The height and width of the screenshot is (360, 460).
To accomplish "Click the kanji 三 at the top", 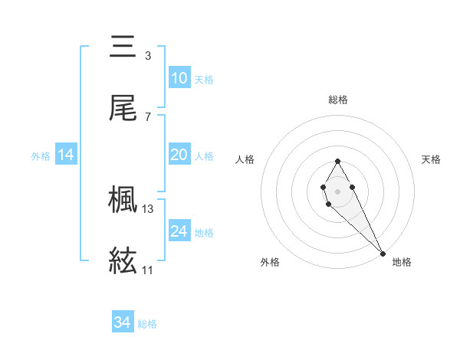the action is coord(123,47).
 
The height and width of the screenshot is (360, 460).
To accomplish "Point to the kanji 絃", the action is coord(123,261).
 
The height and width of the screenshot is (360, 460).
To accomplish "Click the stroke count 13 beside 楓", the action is coord(148,208).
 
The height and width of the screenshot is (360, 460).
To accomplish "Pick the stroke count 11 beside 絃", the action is coord(147,270).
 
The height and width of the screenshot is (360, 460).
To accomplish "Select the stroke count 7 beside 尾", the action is coord(148,117).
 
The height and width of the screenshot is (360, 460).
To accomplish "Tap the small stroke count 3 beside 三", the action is coord(148,56).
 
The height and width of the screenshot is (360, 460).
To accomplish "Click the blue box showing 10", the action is coord(179,78).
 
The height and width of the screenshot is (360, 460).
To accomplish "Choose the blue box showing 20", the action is coord(179,155).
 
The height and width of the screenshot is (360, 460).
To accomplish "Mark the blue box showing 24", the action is coord(179,231).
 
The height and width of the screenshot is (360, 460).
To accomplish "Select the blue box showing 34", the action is coord(123,322).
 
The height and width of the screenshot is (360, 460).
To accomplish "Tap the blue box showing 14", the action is coord(66,155).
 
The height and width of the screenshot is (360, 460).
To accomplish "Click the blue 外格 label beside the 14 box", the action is coord(41,155).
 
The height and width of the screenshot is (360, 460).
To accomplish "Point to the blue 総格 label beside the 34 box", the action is coord(147,324).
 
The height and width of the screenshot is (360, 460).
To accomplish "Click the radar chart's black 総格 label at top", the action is coord(338,100).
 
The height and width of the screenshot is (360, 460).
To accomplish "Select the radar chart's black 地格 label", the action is coord(402,263).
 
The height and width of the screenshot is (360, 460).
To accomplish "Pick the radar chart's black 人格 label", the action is coord(245,159).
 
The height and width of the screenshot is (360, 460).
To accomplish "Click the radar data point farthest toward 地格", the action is coord(383,253).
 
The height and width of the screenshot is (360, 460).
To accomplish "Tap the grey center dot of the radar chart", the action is coord(337,190).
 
